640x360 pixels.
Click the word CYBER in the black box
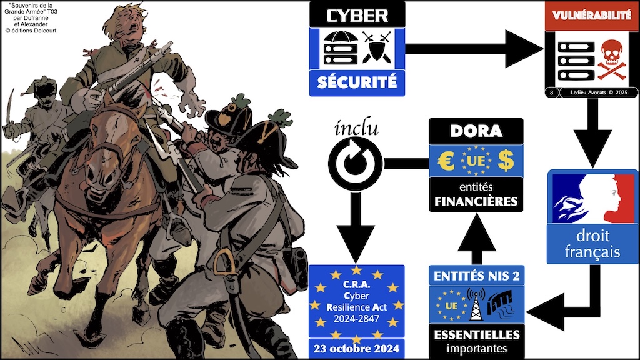click(x=357, y=15)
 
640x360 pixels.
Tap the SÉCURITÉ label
click(x=357, y=82)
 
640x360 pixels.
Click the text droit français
click(x=592, y=244)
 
